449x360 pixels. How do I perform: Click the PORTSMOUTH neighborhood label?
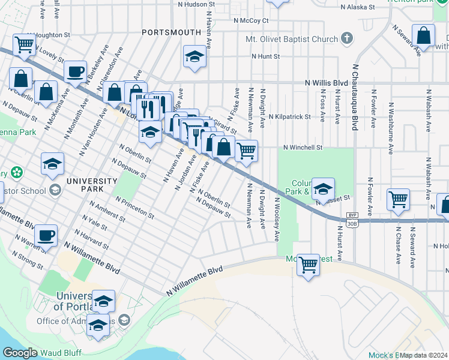click(163, 32)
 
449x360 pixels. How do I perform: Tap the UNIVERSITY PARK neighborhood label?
click(92, 185)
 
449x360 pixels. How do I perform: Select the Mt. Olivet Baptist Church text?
click(292, 40)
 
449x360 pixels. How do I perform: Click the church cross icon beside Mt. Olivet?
click(346, 40)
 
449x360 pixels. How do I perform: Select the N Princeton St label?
click(135, 206)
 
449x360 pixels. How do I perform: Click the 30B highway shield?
click(352, 223)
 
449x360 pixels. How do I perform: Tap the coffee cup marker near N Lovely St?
click(75, 73)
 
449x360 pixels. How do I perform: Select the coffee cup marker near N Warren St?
click(46, 235)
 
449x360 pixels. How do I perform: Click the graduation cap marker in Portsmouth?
click(194, 57)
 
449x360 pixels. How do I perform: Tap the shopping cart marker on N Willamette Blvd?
click(308, 264)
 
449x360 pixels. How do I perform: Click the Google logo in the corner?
click(20, 353)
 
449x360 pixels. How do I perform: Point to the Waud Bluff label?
click(62, 353)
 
